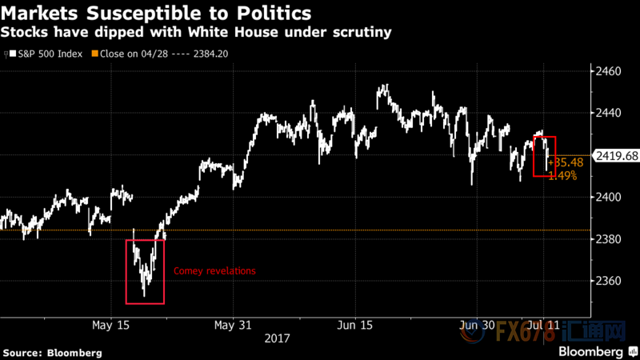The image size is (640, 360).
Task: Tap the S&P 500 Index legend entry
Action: click(47, 54)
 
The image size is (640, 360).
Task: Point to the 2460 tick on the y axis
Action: click(608, 72)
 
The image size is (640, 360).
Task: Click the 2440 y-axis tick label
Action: click(608, 114)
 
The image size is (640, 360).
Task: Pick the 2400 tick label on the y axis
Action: click(608, 197)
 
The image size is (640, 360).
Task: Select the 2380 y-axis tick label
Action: click(608, 239)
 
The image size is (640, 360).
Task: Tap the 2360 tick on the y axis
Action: click(608, 281)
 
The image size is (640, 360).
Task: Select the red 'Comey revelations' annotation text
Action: click(214, 271)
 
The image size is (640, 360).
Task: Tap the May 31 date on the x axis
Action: click(234, 326)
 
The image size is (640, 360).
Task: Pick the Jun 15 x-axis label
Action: click(355, 326)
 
